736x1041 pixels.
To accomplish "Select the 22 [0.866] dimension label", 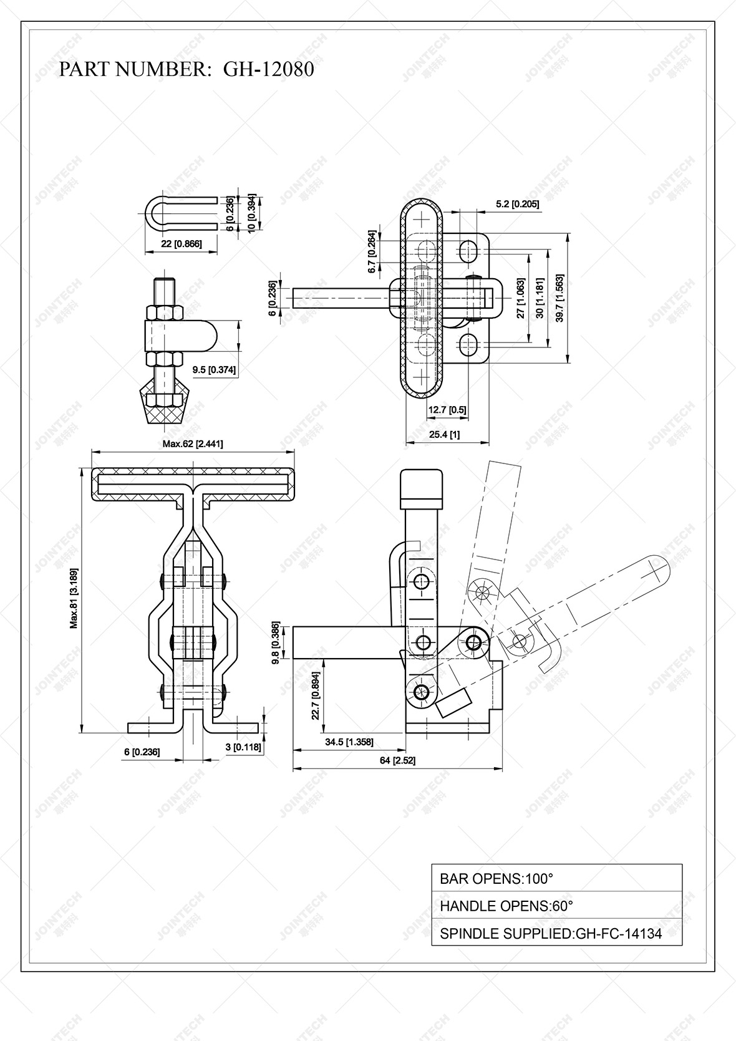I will coord(181,244).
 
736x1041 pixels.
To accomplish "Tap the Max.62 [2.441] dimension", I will coord(193,444).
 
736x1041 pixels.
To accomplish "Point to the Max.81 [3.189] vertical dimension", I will coord(74,598).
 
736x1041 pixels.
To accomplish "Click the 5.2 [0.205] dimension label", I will coord(517,204).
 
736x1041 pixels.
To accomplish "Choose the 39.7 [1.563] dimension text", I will coord(559,299).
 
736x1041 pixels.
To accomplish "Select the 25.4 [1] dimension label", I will coord(444,435).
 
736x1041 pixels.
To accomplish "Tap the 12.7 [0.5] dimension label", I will coord(447,410).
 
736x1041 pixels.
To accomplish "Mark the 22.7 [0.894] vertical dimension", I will coord(316,695).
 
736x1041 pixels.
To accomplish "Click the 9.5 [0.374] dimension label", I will coord(214,370).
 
